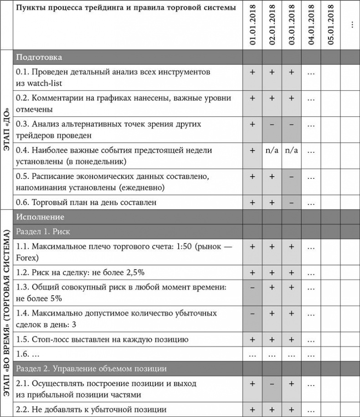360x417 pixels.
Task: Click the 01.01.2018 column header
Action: pyautogui.click(x=252, y=25)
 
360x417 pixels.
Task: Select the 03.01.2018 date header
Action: pyautogui.click(x=291, y=25)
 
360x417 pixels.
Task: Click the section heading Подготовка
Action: pyautogui.click(x=39, y=57)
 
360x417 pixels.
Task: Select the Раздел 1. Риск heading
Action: pyautogui.click(x=43, y=231)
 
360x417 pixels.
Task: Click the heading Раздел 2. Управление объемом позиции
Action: pyautogui.click(x=91, y=369)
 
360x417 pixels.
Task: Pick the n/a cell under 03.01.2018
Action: pyautogui.click(x=291, y=150)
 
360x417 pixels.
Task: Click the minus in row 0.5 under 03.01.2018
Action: pyautogui.click(x=291, y=176)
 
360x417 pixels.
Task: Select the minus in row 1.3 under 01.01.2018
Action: pyautogui.click(x=252, y=287)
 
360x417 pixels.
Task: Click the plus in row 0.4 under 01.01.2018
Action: pyautogui.click(x=252, y=150)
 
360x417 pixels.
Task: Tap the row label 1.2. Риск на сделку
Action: pyautogui.click(x=80, y=272)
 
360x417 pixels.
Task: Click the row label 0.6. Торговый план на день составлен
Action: pyautogui.click(x=87, y=202)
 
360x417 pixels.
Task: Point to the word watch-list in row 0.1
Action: pyautogui.click(x=44, y=83)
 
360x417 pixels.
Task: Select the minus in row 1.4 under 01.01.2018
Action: pyautogui.click(x=252, y=313)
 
